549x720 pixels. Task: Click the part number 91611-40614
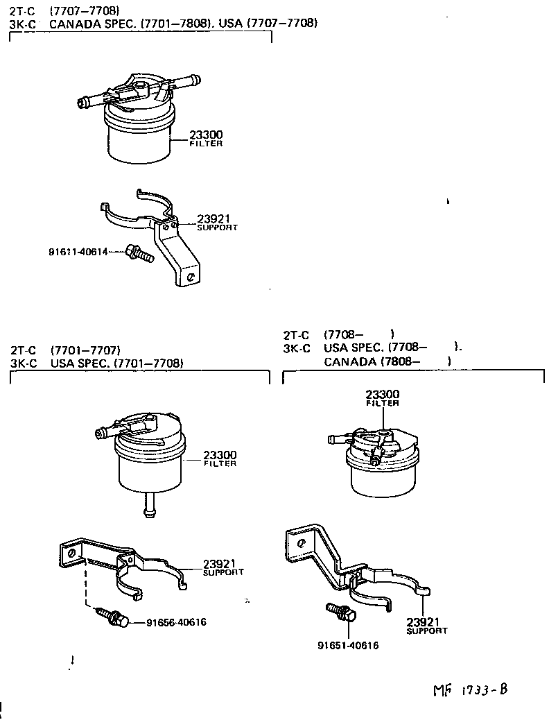[78, 252]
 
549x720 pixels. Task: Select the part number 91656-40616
[176, 622]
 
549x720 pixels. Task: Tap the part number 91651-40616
[348, 645]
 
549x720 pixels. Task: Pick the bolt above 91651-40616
[340, 612]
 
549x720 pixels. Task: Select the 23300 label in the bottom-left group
[220, 455]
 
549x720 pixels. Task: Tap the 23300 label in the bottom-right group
[383, 395]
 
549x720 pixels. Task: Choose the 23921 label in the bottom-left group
[220, 563]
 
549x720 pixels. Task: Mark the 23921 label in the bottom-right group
[423, 622]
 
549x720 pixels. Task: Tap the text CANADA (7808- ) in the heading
[387, 361]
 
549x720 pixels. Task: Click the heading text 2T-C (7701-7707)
[66, 350]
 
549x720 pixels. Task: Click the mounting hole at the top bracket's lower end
[191, 277]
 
